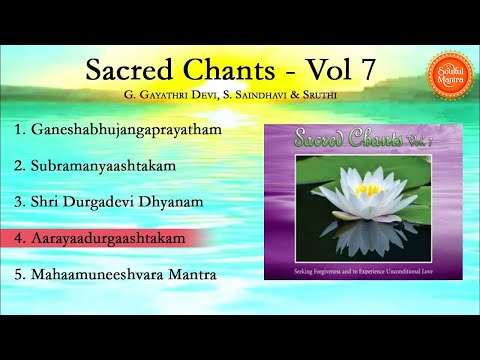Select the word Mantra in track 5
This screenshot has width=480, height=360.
tap(188, 273)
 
